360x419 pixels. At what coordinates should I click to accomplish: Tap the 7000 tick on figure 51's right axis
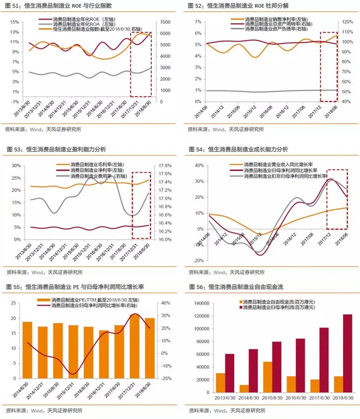(x=162, y=22)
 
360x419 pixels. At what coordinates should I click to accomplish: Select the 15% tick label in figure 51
(x=14, y=22)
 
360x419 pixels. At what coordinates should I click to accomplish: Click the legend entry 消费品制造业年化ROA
(x=81, y=25)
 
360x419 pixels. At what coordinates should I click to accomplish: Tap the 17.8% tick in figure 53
(x=165, y=166)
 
